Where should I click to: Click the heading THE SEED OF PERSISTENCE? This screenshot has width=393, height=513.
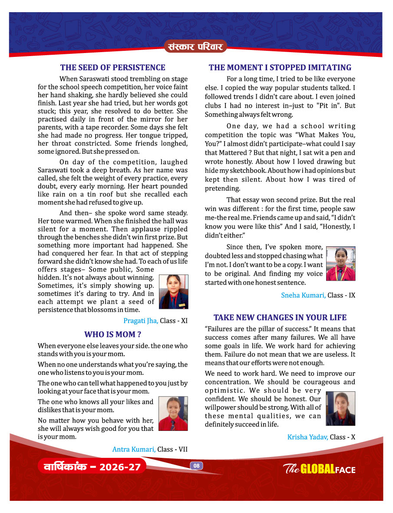coord(112,67)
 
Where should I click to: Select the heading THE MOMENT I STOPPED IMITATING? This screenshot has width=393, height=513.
coord(280,67)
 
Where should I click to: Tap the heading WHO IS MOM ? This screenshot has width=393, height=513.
coord(112,334)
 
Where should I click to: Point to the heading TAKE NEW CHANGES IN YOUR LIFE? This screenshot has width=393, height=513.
coord(280,317)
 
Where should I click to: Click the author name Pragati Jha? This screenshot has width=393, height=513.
coord(141,321)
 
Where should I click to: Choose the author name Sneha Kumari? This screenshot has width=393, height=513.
coord(303,295)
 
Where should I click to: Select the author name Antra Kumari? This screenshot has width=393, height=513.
coord(134,449)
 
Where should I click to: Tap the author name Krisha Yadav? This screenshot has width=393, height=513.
coord(307,437)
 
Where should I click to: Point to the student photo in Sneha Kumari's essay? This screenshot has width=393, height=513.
coord(340,264)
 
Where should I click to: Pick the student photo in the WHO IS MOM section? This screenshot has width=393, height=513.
coord(173,414)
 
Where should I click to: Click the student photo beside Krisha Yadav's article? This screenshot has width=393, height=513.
coord(340,408)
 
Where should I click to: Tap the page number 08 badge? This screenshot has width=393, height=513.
coord(196,466)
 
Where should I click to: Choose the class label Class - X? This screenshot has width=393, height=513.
coord(343,437)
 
